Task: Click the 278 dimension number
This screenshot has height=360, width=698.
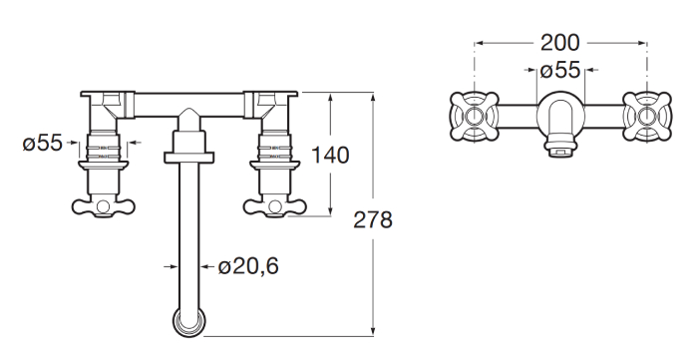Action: [x=373, y=219]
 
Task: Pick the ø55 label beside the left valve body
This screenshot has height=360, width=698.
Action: [x=43, y=144]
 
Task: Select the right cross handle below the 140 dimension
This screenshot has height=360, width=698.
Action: [x=273, y=206]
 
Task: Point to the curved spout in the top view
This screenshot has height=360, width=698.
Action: [x=559, y=119]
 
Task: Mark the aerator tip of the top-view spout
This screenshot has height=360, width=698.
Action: [x=561, y=151]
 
